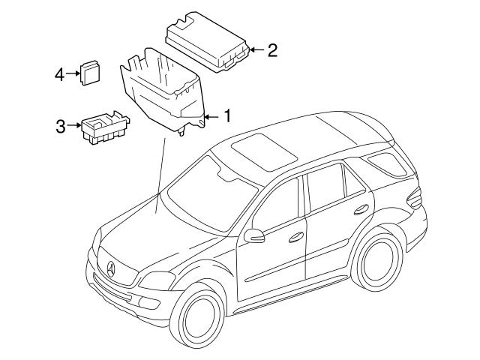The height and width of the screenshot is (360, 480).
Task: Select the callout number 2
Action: [273, 50]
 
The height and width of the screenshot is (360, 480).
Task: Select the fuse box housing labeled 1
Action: [161, 90]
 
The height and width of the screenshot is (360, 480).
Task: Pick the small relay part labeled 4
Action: [91, 72]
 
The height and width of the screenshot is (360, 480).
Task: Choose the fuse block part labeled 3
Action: [103, 128]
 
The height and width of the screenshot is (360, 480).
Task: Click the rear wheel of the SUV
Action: [379, 262]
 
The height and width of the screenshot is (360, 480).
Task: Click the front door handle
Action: [297, 237]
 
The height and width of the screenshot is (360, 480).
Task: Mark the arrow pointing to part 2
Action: [255, 50]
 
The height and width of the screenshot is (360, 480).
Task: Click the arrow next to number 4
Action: [73, 73]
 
